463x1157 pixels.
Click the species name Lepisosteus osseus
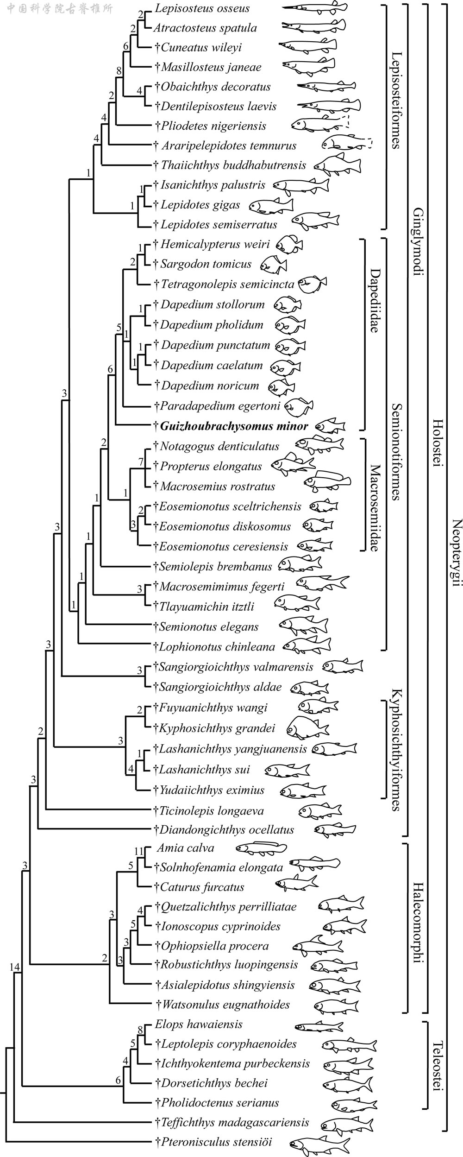[202, 8]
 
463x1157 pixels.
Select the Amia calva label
[185, 848]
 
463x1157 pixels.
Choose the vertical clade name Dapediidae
[374, 301]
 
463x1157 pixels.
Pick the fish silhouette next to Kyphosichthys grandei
[307, 727]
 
